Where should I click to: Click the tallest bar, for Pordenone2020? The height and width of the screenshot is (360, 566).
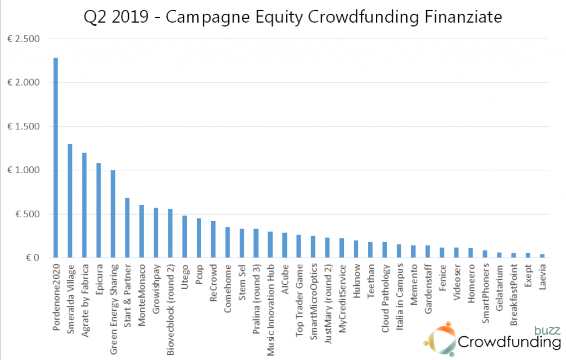[x=55, y=158]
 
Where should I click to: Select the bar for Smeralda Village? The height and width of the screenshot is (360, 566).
[x=70, y=201]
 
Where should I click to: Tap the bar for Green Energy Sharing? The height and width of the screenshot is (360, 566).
[x=113, y=214]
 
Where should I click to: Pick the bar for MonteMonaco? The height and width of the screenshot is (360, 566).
[x=141, y=231]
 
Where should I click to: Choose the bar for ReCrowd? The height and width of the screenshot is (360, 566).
[x=213, y=239]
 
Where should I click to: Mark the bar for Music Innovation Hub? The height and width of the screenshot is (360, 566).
[x=270, y=244]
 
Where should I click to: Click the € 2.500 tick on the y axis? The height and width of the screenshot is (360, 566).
[x=25, y=39]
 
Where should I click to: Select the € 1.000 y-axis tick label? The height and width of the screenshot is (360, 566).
[x=25, y=170]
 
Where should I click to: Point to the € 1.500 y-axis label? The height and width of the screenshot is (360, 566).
[x=25, y=127]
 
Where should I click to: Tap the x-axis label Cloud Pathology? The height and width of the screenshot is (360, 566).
[x=385, y=291]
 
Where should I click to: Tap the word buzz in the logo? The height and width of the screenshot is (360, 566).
[x=547, y=331]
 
